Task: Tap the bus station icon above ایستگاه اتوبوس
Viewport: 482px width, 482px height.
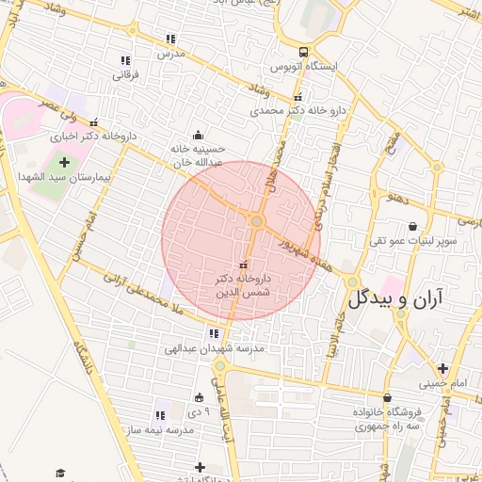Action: [x=303, y=52]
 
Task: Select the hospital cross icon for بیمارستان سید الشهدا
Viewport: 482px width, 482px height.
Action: [x=64, y=163]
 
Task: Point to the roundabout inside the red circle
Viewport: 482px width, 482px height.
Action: [x=256, y=221]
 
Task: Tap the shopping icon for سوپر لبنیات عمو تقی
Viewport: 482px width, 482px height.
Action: [x=413, y=226]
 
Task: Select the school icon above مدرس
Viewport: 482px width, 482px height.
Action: [x=170, y=39]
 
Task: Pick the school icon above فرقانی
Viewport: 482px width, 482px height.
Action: [x=126, y=61]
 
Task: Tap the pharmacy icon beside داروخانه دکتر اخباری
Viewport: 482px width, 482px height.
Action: [x=93, y=122]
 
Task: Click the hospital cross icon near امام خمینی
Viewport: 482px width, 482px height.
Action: [x=442, y=367]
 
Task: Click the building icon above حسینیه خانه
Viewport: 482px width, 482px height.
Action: [x=197, y=135]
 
